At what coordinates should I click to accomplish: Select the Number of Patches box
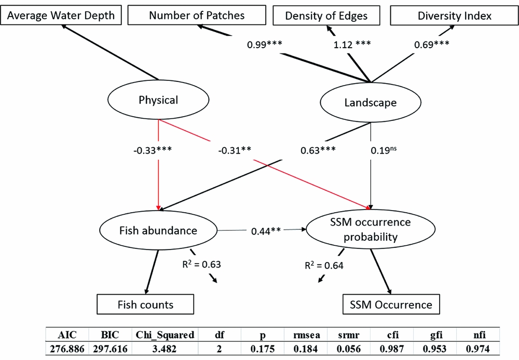(x=197, y=15)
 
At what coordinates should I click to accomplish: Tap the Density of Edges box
(x=326, y=16)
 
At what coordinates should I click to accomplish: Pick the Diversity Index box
(x=454, y=16)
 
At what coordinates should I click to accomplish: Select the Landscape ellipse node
(x=370, y=103)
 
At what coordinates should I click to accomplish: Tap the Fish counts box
(x=145, y=303)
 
